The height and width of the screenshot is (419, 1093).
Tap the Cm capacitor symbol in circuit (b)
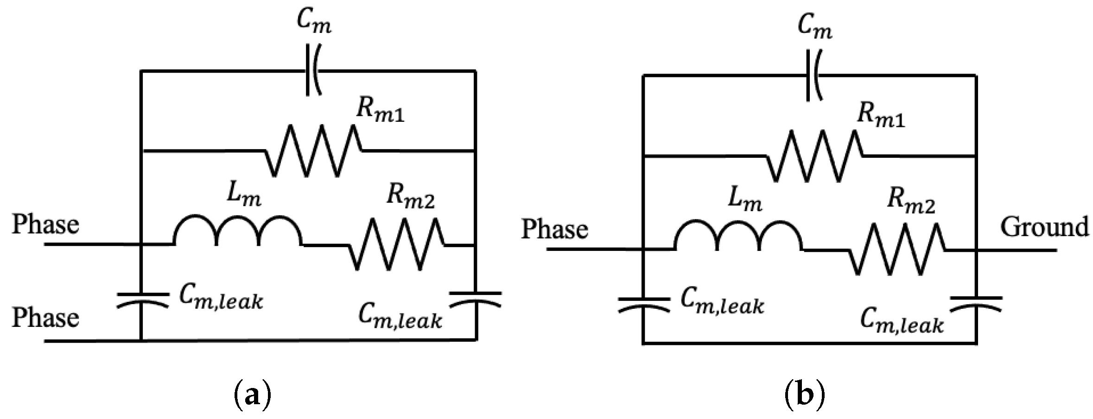[813, 75]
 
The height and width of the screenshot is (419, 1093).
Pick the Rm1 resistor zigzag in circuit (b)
[814, 156]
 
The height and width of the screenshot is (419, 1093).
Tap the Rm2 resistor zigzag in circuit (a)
[397, 244]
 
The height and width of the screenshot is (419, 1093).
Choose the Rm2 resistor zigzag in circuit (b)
[897, 250]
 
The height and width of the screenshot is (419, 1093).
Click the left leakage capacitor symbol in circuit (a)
[141, 300]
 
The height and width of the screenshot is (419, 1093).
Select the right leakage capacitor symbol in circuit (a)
[476, 299]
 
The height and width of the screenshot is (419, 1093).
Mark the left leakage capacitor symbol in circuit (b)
[643, 305]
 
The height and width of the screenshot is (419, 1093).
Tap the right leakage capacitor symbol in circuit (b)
[976, 304]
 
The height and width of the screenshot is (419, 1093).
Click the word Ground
[1044, 227]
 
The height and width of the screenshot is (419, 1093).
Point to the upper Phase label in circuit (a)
[45, 225]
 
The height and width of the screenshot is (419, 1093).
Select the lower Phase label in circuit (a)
[45, 318]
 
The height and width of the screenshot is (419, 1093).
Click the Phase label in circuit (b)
[555, 230]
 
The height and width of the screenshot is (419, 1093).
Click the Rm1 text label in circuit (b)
[880, 114]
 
